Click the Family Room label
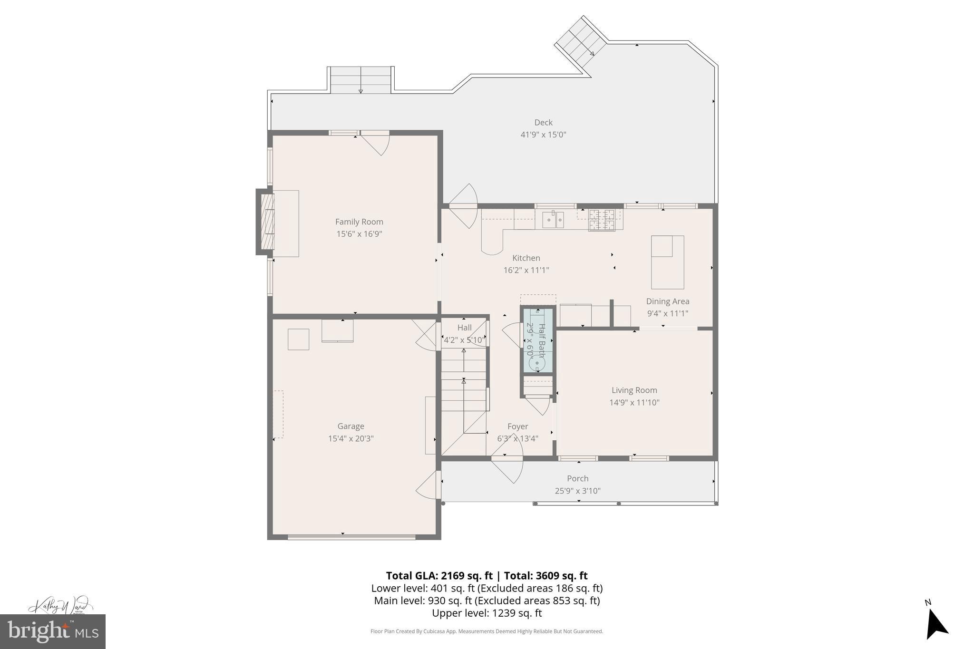tap(359, 222)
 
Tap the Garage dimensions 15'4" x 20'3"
tap(351, 438)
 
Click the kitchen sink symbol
tap(553, 220)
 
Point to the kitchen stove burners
tap(602, 220)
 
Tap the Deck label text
tap(543, 123)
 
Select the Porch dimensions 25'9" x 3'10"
tap(577, 491)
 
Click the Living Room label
tap(634, 390)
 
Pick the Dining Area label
tap(667, 301)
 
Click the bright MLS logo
tap(52, 631)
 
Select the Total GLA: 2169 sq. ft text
tap(439, 576)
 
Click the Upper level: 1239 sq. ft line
tap(487, 613)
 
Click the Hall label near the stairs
tap(464, 328)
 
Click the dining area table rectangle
tap(667, 262)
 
